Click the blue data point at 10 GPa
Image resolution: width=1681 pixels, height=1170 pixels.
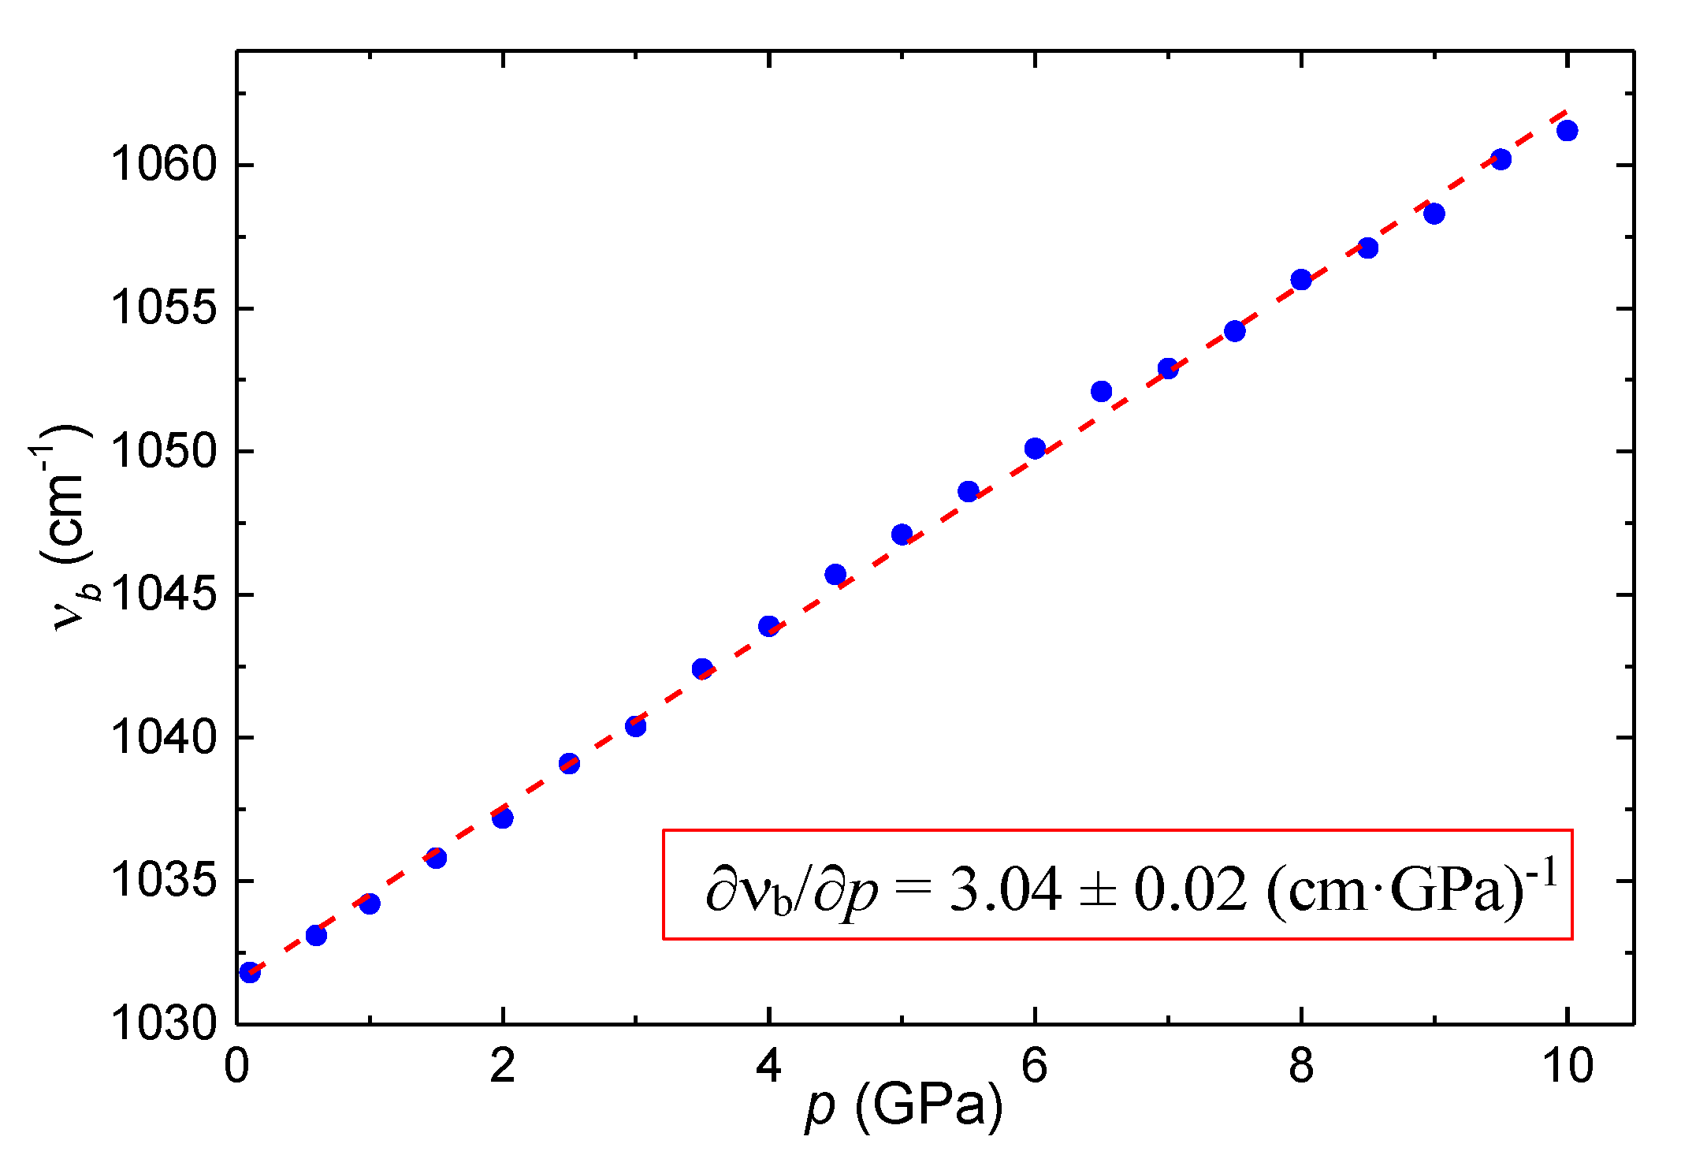(x=1567, y=130)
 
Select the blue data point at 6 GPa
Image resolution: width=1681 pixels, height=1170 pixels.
(x=1035, y=449)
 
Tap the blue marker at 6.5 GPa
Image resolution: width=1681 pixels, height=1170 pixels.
(x=1101, y=391)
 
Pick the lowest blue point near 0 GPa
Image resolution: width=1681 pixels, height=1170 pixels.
(x=250, y=972)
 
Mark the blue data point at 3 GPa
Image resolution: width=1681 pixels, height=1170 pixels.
(x=635, y=726)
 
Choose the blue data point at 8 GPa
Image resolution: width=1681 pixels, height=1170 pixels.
(x=1301, y=279)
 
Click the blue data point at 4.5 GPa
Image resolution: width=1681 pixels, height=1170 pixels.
(x=835, y=574)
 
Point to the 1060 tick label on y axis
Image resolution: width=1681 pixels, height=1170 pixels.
(x=163, y=165)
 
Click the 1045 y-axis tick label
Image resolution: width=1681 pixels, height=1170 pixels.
(x=163, y=594)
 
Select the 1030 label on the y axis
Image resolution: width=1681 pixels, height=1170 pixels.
(x=163, y=1023)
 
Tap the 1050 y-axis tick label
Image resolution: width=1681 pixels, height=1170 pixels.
(x=163, y=452)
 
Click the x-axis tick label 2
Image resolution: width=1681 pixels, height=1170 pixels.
(x=502, y=1066)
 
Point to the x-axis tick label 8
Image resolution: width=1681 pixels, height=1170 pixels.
(x=1301, y=1066)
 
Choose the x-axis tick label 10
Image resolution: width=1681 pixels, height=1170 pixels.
(x=1567, y=1066)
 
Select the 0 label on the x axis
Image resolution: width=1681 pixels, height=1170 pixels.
(x=236, y=1066)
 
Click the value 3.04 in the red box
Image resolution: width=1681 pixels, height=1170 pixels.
(x=1005, y=889)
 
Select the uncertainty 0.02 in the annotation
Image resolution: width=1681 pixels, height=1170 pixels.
(x=1190, y=889)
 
